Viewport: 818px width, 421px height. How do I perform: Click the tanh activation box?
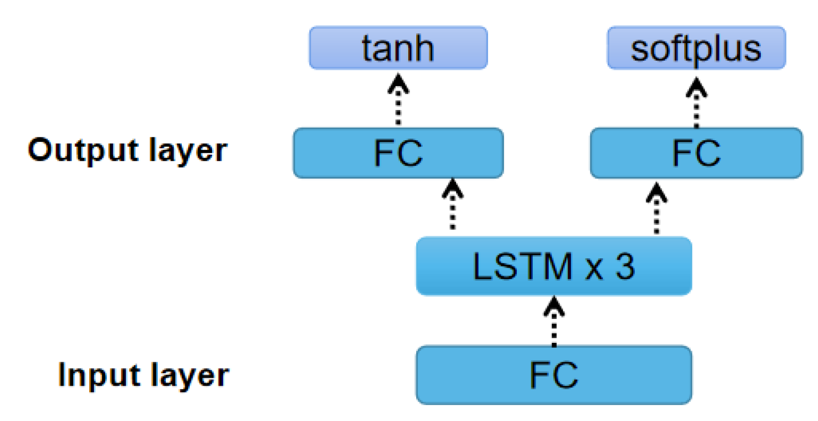coord(398,48)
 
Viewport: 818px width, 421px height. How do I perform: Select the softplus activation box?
coord(696,48)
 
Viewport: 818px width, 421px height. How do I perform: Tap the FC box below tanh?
coord(398,153)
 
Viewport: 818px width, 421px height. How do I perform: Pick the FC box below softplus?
coord(696,153)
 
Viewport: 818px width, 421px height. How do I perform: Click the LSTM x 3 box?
coord(554,266)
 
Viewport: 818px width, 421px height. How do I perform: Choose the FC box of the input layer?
coord(554,375)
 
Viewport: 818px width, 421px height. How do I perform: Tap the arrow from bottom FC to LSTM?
coord(554,321)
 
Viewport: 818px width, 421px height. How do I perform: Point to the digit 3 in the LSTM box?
coord(625,266)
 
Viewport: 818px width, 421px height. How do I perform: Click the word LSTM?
coord(522,266)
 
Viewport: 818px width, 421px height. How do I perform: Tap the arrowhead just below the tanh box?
coord(398,84)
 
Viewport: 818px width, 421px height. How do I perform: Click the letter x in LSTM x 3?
coord(594,269)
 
